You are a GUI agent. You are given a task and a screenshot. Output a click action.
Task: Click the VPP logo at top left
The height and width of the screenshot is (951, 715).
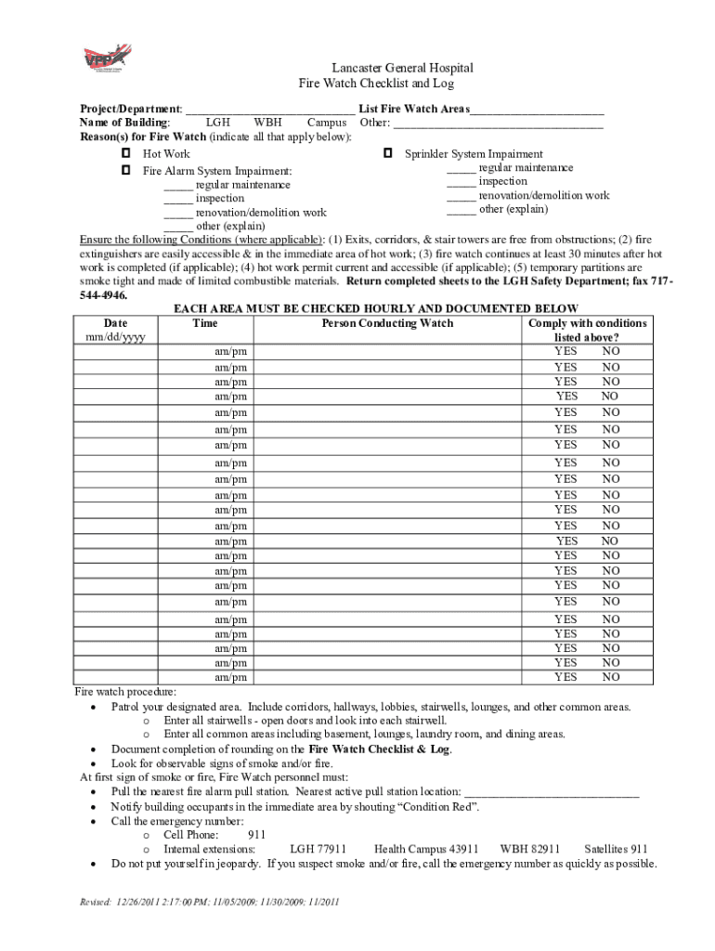(x=103, y=59)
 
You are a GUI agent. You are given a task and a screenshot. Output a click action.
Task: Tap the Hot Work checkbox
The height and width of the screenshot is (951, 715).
(x=124, y=153)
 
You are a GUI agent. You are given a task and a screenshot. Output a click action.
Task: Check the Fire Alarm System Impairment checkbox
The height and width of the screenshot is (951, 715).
(x=124, y=171)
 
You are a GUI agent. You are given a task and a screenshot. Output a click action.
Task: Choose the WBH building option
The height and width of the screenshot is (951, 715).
(x=268, y=123)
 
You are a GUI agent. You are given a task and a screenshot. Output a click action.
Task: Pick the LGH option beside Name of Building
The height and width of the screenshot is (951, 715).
(x=218, y=123)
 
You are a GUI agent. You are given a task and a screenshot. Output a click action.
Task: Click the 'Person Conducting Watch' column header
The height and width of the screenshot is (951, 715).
(x=387, y=323)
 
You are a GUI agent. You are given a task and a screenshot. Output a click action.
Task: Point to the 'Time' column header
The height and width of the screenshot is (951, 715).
(x=204, y=323)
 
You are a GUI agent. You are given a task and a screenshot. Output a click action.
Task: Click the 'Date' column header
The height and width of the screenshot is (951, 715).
(x=115, y=323)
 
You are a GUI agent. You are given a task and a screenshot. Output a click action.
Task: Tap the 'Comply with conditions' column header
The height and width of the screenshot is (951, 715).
(x=587, y=323)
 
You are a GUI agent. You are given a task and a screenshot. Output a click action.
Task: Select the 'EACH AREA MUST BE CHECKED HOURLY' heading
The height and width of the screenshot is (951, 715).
(x=376, y=309)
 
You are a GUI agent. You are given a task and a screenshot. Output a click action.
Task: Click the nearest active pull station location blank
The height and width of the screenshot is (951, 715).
(x=552, y=793)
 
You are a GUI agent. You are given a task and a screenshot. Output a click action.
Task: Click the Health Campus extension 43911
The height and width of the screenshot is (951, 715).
(x=426, y=849)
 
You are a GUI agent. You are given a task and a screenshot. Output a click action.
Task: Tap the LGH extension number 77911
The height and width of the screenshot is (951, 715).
(x=318, y=849)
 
